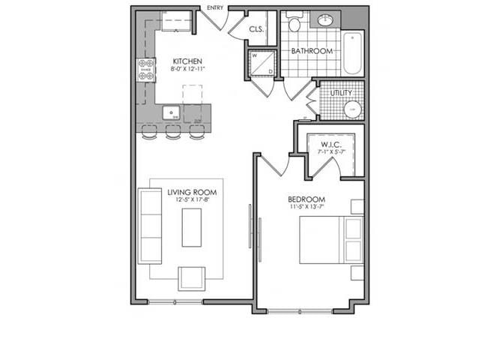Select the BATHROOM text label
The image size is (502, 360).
(311, 52)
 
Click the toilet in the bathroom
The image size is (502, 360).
(294, 24)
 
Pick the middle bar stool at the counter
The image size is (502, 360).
(173, 133)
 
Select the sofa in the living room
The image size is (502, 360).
(150, 226)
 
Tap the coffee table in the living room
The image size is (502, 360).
(192, 227)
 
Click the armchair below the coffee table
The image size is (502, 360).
(191, 278)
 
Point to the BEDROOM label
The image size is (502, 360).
(306, 199)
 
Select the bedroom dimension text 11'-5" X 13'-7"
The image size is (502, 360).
(306, 207)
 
